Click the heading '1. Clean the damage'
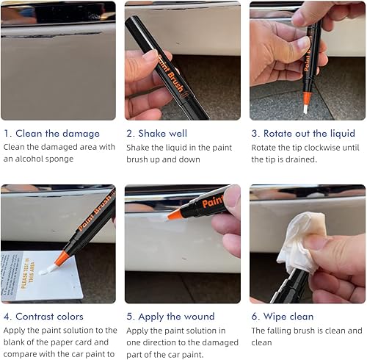click(x=51, y=133)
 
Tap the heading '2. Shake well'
click(x=156, y=133)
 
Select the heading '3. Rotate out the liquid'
click(x=303, y=133)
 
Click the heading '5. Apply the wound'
click(x=170, y=317)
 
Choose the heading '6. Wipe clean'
click(x=283, y=317)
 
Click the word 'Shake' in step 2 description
click(x=139, y=147)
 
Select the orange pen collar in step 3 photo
click(x=307, y=98)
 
